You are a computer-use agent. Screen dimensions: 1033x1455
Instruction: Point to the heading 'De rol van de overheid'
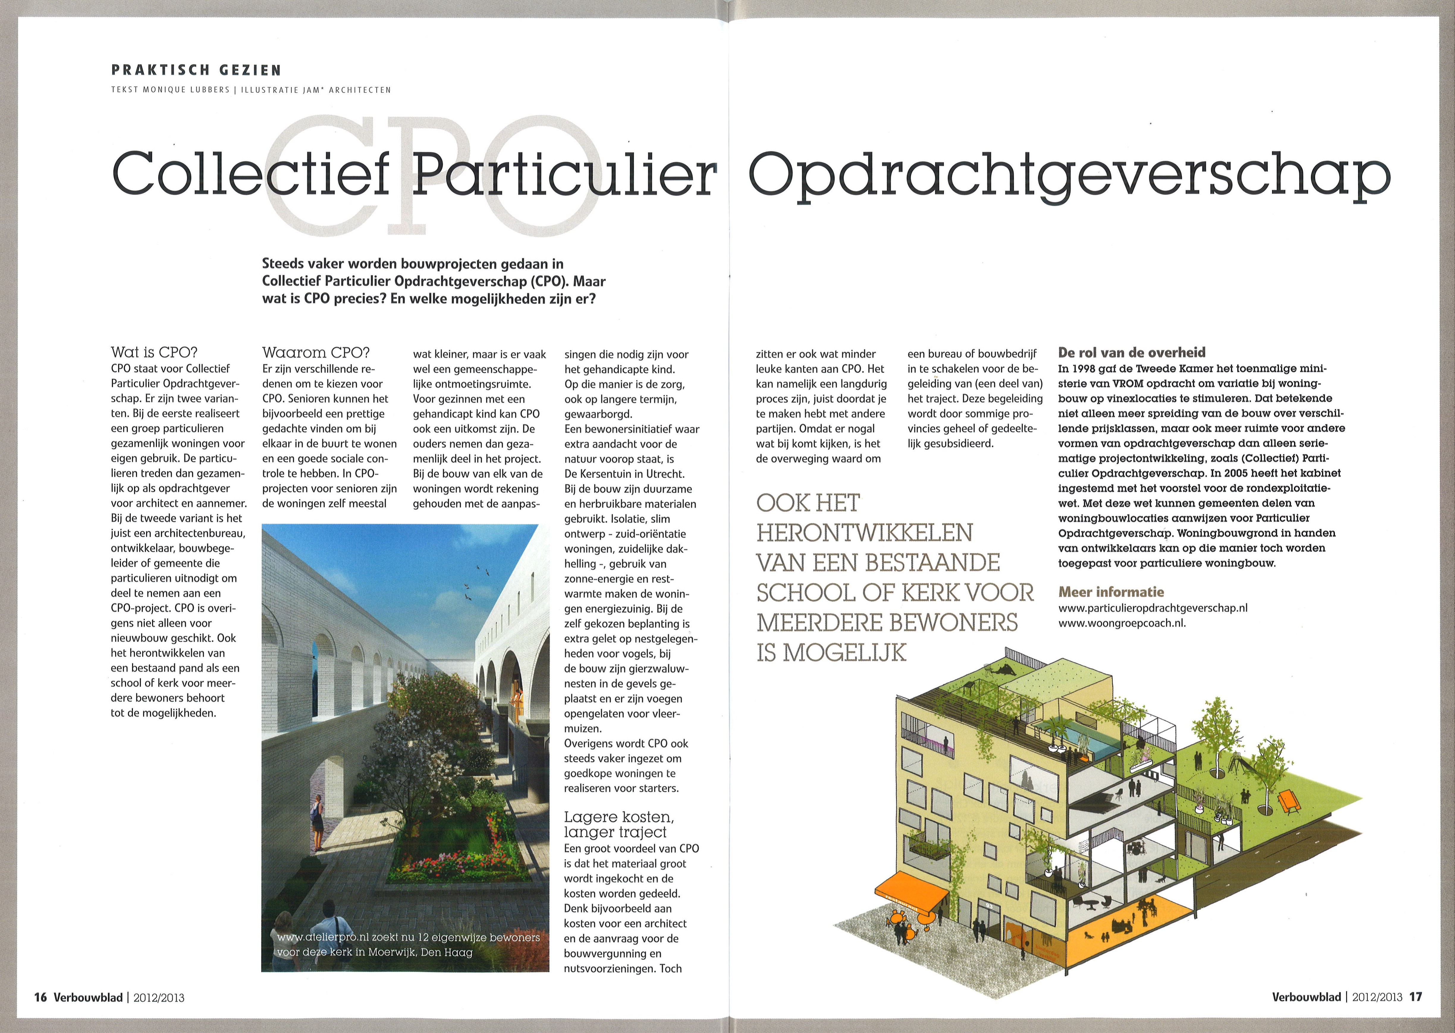pos(1131,352)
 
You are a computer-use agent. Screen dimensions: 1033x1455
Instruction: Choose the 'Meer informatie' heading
pos(1111,592)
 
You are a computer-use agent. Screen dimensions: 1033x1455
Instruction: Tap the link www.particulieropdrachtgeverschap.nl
pos(1152,607)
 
